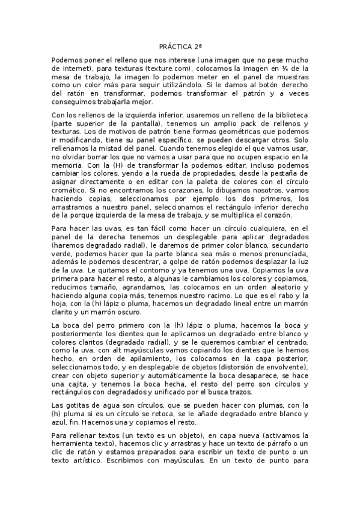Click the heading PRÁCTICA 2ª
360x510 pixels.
click(x=180, y=46)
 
